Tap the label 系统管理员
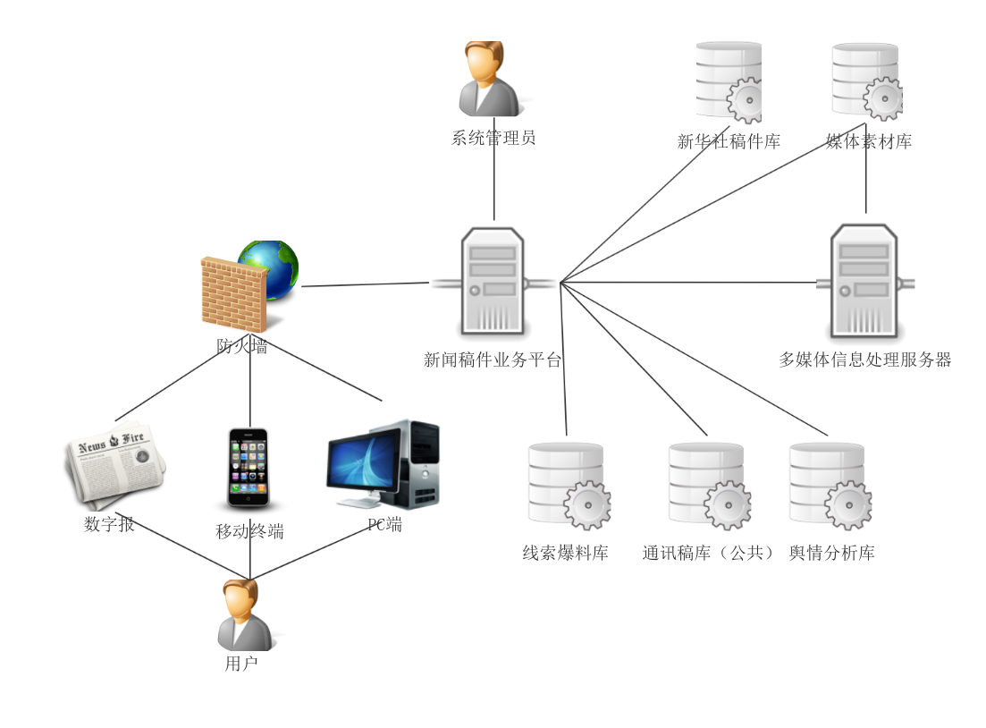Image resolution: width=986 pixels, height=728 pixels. (493, 138)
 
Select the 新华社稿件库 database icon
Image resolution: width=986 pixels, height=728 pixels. (729, 81)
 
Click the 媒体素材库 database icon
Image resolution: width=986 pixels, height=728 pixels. (865, 80)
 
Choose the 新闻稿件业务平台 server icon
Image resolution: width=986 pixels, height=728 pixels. (493, 282)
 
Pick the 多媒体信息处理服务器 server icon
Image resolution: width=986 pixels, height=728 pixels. (864, 281)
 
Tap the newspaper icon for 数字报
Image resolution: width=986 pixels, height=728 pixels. (115, 463)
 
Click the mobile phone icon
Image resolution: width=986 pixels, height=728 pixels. (249, 467)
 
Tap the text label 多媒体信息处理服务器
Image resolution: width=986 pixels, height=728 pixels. (864, 360)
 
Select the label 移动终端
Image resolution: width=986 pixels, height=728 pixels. (249, 531)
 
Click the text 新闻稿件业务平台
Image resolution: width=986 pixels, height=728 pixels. (493, 360)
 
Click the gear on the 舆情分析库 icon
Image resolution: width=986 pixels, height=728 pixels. (847, 506)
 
